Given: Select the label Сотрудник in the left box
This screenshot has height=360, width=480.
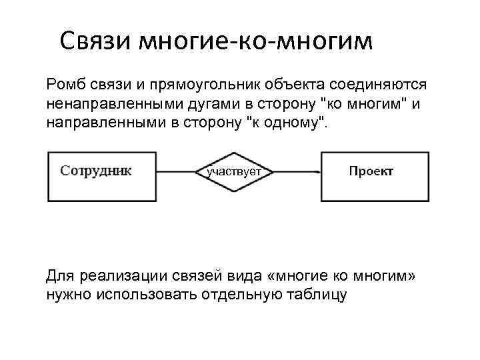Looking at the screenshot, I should point(96,171).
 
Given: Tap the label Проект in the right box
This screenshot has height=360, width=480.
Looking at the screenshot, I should point(371,171).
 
